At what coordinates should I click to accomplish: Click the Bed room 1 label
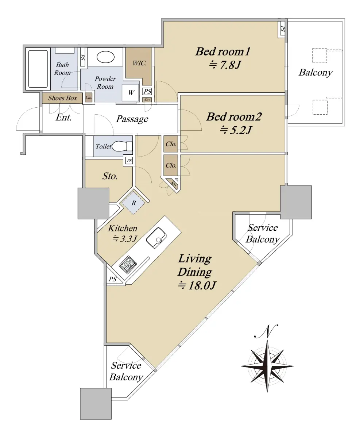click(x=223, y=52)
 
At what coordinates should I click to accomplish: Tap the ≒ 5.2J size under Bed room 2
click(x=236, y=130)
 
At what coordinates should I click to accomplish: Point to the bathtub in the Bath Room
click(x=38, y=69)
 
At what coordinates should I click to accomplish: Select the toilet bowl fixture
click(x=122, y=146)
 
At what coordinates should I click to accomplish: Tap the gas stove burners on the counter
click(x=128, y=264)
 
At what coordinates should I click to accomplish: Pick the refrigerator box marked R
click(x=133, y=203)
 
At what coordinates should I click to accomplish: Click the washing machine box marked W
click(x=130, y=93)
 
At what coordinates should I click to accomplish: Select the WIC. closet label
click(x=139, y=63)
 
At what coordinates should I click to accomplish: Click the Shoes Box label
click(x=62, y=98)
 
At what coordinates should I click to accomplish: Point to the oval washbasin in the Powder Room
click(x=105, y=58)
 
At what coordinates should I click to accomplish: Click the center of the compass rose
click(x=267, y=366)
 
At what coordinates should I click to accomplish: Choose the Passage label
click(x=132, y=119)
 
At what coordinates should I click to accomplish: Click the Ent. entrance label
click(x=64, y=118)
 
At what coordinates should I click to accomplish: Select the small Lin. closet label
click(x=89, y=97)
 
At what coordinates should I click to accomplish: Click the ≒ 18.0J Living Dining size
click(x=197, y=285)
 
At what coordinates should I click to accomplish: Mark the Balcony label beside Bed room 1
click(x=316, y=73)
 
